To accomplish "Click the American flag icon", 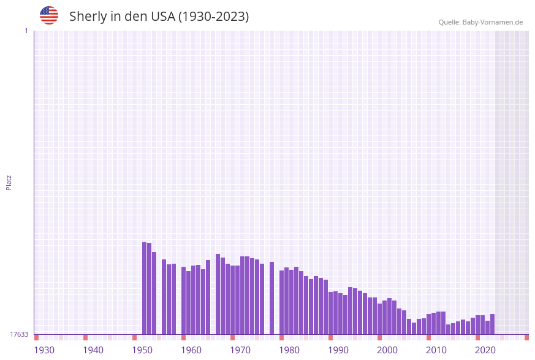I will pyautogui.click(x=49, y=15).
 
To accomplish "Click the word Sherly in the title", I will pyautogui.click(x=88, y=17).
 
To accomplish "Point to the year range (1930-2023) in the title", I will pyautogui.click(x=213, y=17).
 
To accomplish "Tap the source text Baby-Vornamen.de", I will pyautogui.click(x=493, y=22).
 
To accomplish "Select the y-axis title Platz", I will pyautogui.click(x=9, y=183).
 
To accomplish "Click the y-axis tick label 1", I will pyautogui.click(x=26, y=31).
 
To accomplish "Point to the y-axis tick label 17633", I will pyautogui.click(x=19, y=334).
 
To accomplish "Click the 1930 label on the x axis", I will pyautogui.click(x=44, y=350).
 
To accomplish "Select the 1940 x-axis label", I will pyautogui.click(x=93, y=350).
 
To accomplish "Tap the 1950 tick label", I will pyautogui.click(x=142, y=350).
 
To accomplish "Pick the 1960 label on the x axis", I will pyautogui.click(x=191, y=350).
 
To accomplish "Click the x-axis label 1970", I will pyautogui.click(x=240, y=350).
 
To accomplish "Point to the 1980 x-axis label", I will pyautogui.click(x=289, y=350).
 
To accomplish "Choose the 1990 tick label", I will pyautogui.click(x=338, y=350).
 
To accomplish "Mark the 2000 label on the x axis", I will pyautogui.click(x=387, y=350).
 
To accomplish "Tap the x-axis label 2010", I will pyautogui.click(x=436, y=350).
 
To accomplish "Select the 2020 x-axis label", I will pyautogui.click(x=485, y=350).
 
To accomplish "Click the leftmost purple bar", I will pyautogui.click(x=145, y=288).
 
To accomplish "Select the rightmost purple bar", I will pyautogui.click(x=492, y=324).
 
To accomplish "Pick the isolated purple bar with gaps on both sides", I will pyautogui.click(x=271, y=298).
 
